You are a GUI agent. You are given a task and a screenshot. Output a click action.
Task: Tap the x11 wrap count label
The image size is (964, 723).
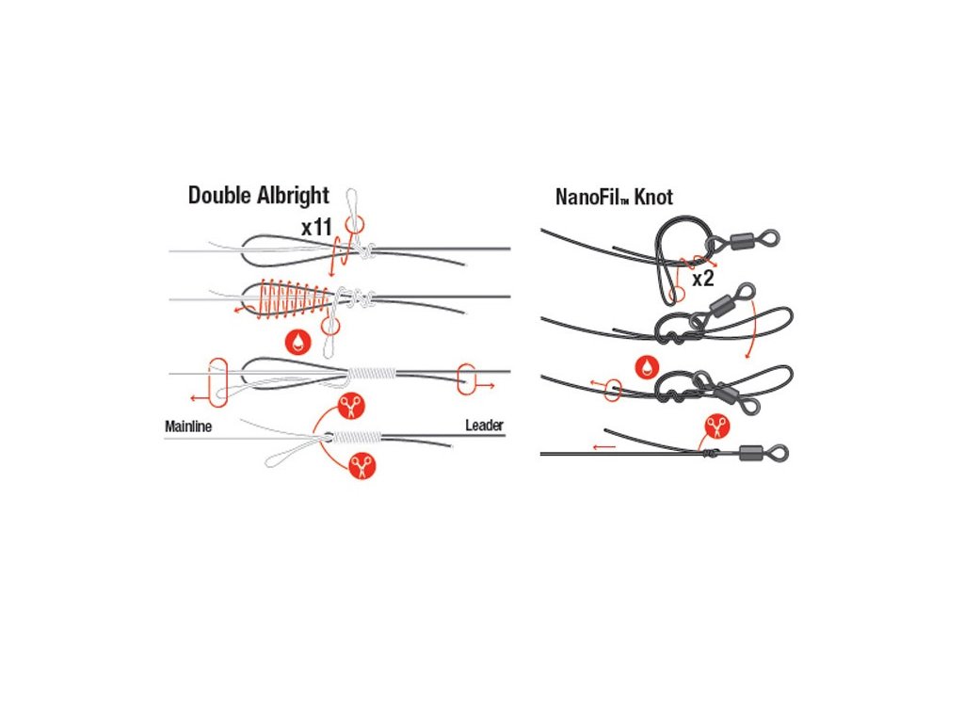317,228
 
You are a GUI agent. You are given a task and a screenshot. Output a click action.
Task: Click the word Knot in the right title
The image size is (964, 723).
652,199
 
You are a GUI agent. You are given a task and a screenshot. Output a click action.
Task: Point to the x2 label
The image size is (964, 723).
702,279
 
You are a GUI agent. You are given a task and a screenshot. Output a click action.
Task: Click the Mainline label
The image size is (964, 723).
188,426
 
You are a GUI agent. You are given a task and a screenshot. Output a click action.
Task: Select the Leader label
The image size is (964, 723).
484,426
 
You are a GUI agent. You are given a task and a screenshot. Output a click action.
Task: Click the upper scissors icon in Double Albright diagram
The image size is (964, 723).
352,407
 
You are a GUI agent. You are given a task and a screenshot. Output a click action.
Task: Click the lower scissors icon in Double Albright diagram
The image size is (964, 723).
361,464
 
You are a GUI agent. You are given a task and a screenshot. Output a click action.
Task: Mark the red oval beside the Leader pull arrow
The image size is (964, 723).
465,379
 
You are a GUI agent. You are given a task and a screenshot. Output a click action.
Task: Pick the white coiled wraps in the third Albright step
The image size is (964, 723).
371,374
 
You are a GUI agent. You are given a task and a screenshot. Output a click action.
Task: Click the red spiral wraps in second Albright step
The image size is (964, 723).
287,297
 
